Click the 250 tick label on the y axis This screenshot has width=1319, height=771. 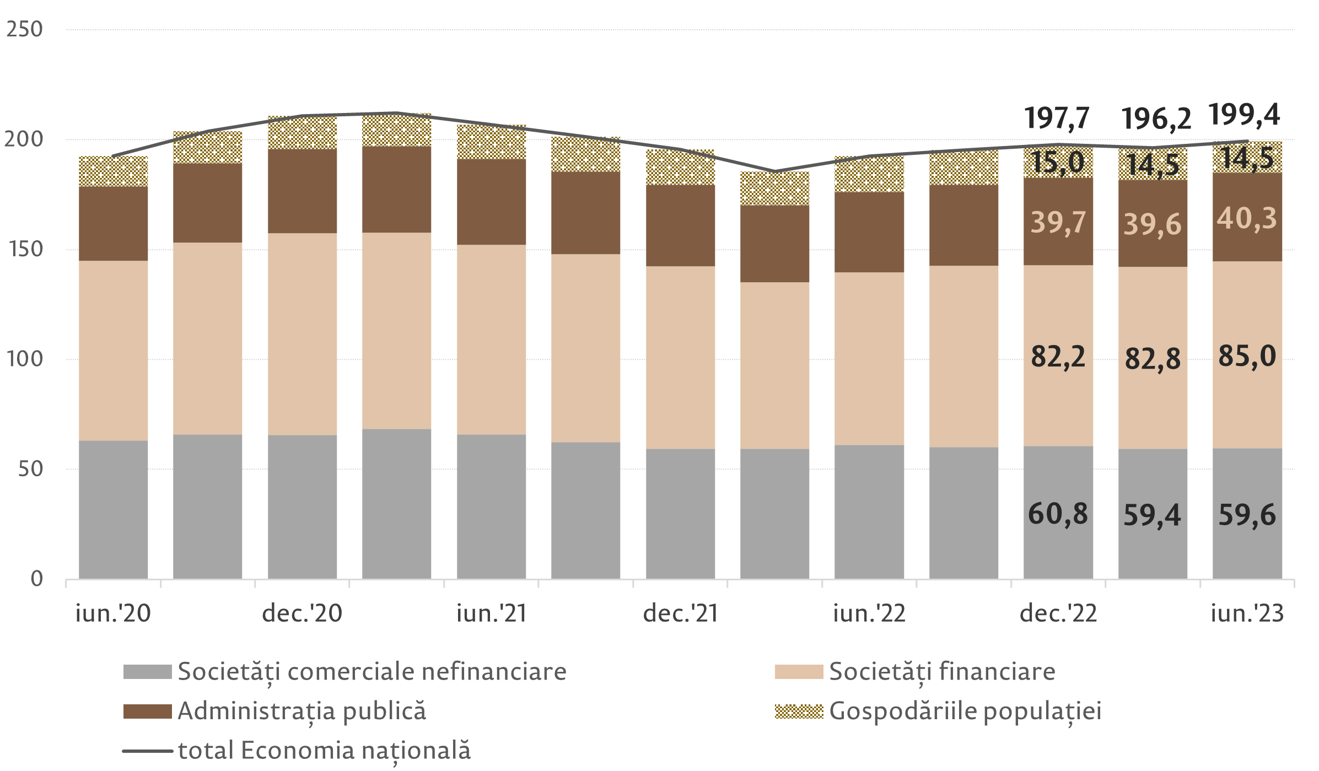[24, 29]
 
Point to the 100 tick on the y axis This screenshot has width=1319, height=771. [24, 359]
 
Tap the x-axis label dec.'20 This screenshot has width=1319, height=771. [302, 613]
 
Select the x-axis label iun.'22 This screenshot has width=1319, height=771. [869, 613]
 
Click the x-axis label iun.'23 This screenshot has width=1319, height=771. [1247, 613]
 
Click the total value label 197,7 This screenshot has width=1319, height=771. [1057, 118]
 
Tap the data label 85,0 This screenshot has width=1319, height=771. [1247, 356]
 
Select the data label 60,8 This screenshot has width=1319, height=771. [1058, 514]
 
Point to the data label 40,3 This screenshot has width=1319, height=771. [1247, 219]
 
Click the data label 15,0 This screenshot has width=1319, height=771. [1058, 163]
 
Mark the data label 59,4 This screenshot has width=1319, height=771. [1152, 515]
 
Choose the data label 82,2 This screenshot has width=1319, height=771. [1058, 357]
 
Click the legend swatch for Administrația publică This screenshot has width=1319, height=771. [147, 711]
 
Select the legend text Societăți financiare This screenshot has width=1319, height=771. [942, 671]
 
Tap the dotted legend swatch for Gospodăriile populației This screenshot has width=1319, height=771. [799, 711]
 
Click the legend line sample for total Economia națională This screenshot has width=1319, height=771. [147, 751]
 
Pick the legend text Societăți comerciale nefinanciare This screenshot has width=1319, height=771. [372, 671]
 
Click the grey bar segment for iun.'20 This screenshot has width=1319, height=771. [114, 509]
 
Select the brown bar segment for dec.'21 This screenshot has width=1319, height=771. [680, 225]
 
